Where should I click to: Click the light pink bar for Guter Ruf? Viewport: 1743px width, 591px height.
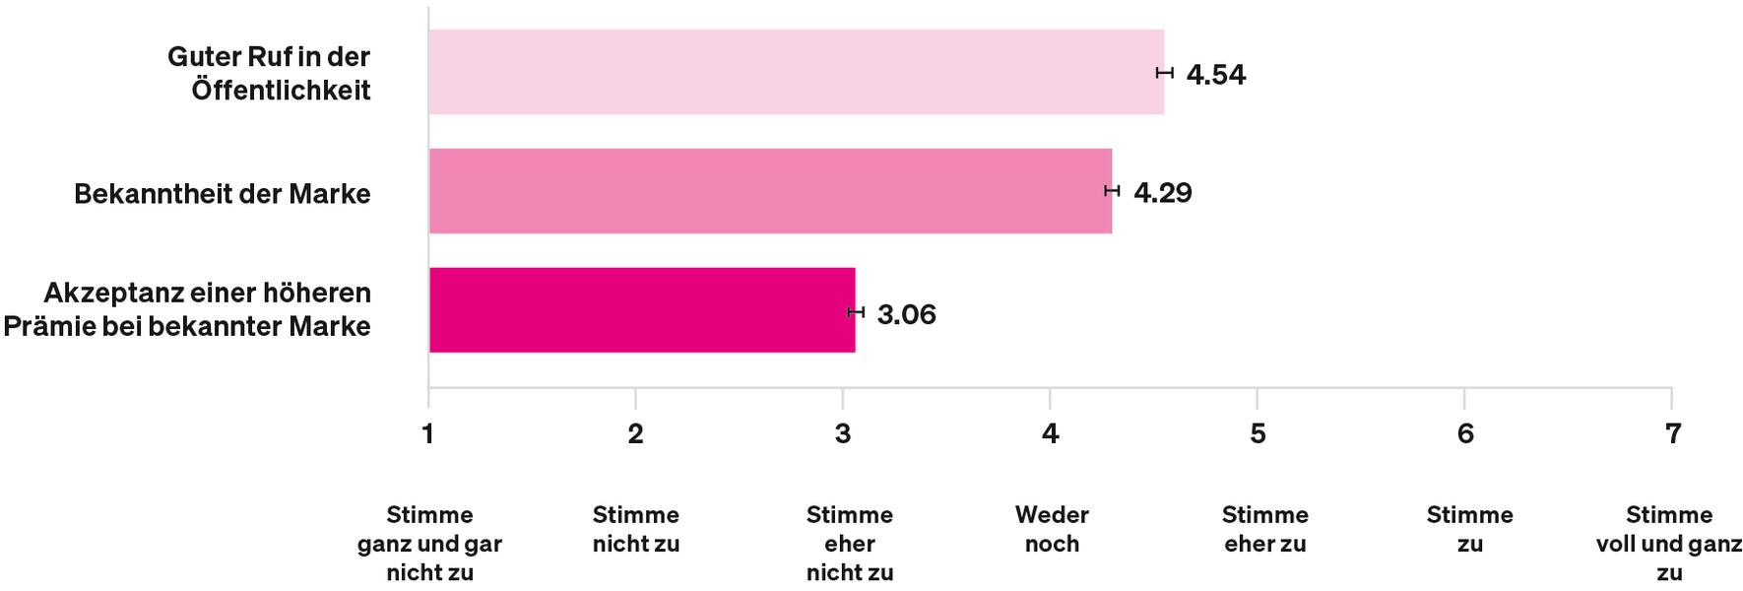pos(796,72)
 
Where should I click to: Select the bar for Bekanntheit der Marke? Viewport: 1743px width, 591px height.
pos(770,191)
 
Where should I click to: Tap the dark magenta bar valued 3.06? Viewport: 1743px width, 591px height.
pos(642,310)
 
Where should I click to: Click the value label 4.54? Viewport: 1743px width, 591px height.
pos(1216,75)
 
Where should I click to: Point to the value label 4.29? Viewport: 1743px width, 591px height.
pos(1163,192)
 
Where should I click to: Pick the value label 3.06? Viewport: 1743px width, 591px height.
pos(906,315)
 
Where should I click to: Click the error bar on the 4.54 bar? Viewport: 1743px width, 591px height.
pos(1165,72)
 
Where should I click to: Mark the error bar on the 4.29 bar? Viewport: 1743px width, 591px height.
pos(1112,190)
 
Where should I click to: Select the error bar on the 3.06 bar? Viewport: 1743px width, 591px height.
pos(856,311)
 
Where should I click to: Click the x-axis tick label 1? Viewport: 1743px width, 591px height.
pos(427,433)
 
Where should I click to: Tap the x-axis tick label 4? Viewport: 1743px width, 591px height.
pos(1051,433)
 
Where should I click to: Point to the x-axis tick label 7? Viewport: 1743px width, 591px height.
pos(1672,433)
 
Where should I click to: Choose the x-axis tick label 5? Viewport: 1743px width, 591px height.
pos(1258,433)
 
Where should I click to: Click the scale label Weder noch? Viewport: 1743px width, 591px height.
pos(1052,529)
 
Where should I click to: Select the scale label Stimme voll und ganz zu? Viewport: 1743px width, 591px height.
pos(1669,543)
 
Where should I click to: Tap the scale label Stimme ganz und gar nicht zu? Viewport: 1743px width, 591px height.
pos(429,543)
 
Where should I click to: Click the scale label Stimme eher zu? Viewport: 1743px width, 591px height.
pos(1265,529)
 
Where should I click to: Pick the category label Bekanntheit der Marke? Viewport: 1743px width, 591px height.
pos(223,194)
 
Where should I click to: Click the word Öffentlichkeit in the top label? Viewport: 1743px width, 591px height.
pos(281,91)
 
